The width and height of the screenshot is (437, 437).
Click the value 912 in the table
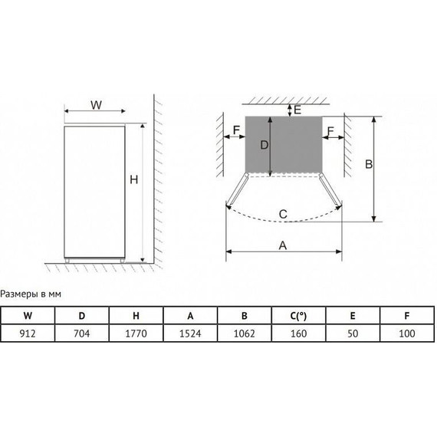[28, 333]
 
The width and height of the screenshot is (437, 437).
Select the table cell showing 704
[82, 333]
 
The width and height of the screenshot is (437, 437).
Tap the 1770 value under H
[136, 333]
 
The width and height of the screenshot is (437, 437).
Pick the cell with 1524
[190, 333]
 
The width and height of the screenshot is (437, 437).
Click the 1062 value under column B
[244, 333]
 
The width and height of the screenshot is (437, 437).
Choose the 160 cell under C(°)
[298, 333]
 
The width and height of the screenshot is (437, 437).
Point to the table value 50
[353, 333]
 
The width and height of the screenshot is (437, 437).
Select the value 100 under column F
[407, 333]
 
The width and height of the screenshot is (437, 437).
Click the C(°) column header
[298, 316]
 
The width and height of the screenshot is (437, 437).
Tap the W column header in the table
[28, 316]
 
